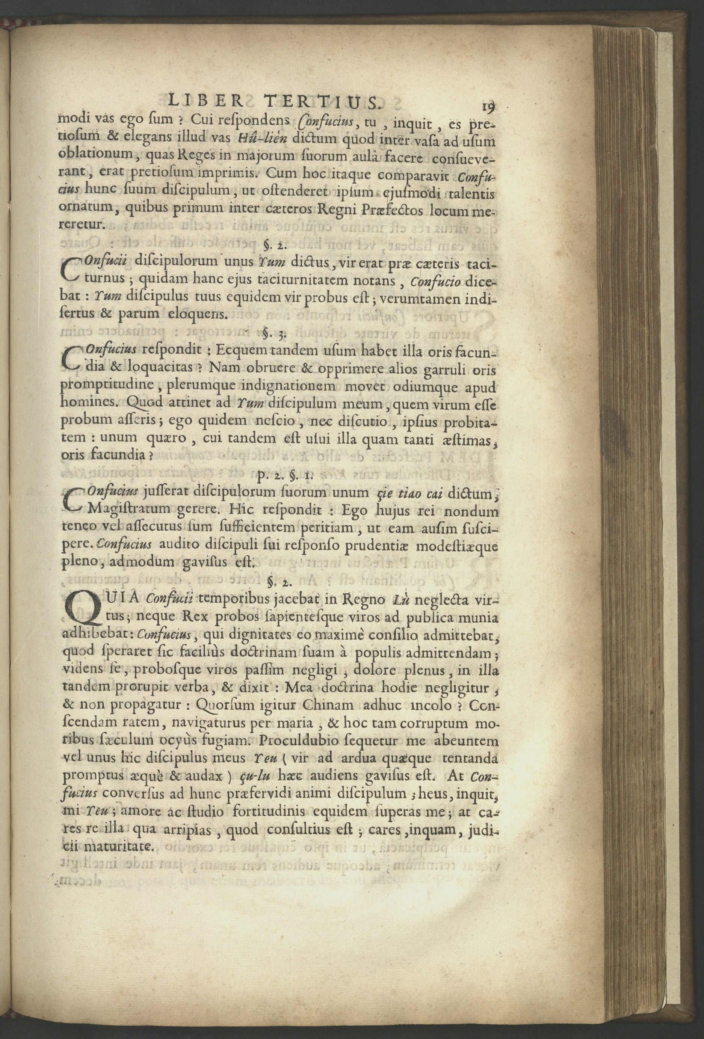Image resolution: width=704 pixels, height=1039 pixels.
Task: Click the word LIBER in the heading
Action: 204,101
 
